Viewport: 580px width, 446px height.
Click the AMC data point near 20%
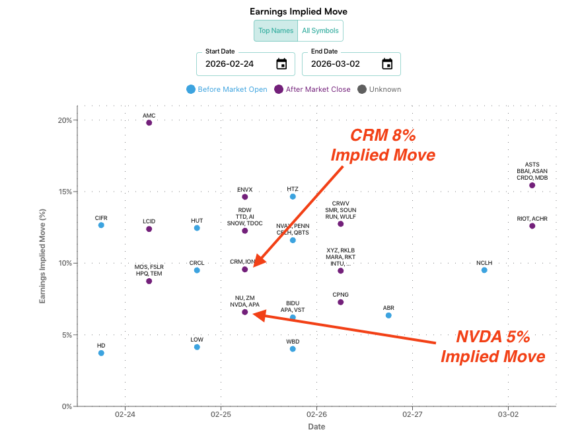(x=149, y=123)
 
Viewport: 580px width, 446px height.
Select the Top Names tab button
(x=275, y=31)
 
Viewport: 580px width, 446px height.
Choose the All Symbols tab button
(x=320, y=31)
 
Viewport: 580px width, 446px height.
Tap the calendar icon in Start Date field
(x=281, y=64)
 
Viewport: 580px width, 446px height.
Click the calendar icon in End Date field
(x=387, y=64)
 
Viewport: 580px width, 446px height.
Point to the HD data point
(x=101, y=353)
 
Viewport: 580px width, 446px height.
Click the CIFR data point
(x=101, y=225)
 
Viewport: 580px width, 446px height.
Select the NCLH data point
(x=484, y=270)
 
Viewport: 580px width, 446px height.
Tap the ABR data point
(x=388, y=315)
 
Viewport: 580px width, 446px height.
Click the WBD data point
(x=293, y=349)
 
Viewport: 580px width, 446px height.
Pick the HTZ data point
(x=293, y=197)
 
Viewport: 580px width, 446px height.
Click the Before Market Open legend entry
(x=227, y=89)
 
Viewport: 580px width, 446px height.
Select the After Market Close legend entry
(x=312, y=89)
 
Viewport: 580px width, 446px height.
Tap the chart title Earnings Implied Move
(x=298, y=11)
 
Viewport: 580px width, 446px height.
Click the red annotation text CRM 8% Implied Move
(x=382, y=145)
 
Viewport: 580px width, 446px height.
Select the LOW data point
(x=197, y=347)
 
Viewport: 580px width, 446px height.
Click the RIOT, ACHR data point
(x=532, y=226)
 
